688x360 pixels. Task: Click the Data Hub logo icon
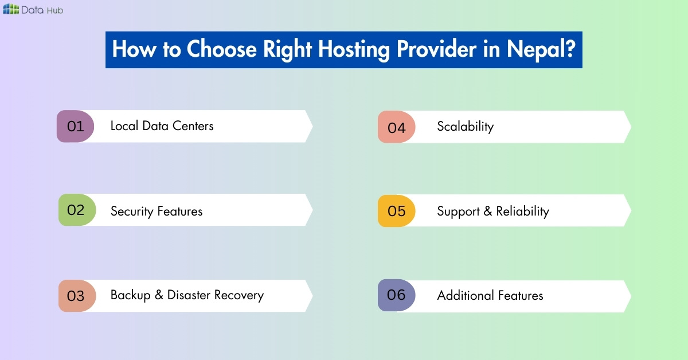point(11,9)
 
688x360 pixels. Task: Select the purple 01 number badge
point(76,126)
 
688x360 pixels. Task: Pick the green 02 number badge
point(76,210)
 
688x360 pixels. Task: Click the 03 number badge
point(76,296)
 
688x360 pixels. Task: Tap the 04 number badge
point(396,127)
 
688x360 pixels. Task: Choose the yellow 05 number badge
point(396,211)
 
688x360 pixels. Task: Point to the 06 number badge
point(396,295)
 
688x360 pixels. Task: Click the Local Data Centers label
point(162,126)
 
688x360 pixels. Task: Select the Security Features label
point(157,211)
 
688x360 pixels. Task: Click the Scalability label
point(465,127)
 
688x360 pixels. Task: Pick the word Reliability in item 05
point(522,211)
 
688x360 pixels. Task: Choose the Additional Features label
point(490,295)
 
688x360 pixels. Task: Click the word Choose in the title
point(222,50)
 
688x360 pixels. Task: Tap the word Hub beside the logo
point(56,10)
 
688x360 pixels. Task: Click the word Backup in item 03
point(130,295)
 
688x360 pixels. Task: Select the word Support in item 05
point(458,211)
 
